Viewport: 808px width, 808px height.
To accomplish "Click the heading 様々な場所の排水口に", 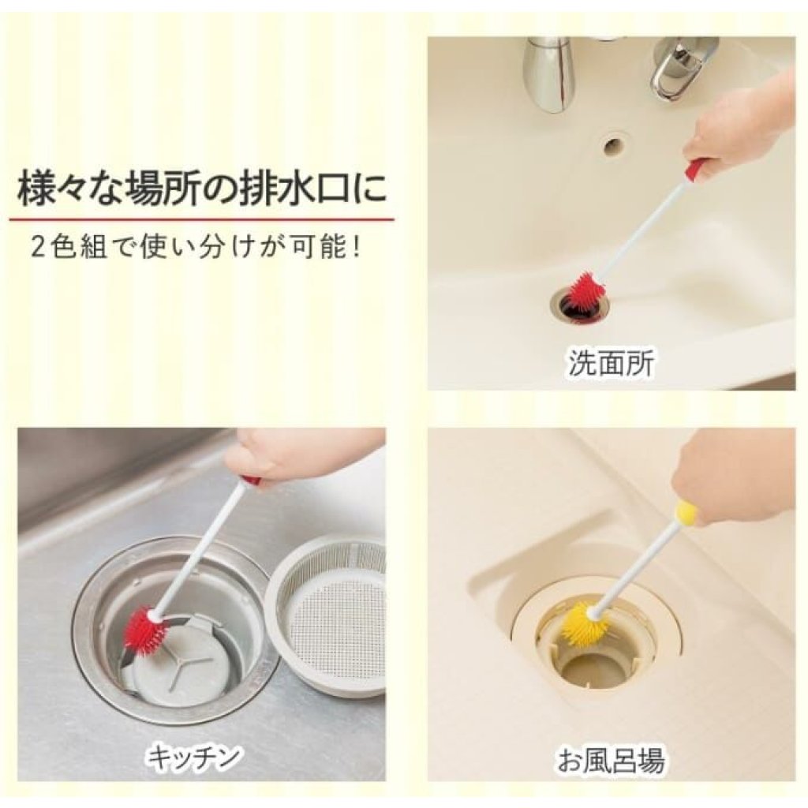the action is (x=201, y=190).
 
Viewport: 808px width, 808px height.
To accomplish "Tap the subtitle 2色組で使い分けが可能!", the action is (x=196, y=247).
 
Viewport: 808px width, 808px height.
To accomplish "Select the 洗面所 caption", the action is (x=612, y=363).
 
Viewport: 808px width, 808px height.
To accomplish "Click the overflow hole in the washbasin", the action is (x=614, y=144).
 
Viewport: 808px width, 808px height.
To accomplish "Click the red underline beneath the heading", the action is (x=201, y=219).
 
